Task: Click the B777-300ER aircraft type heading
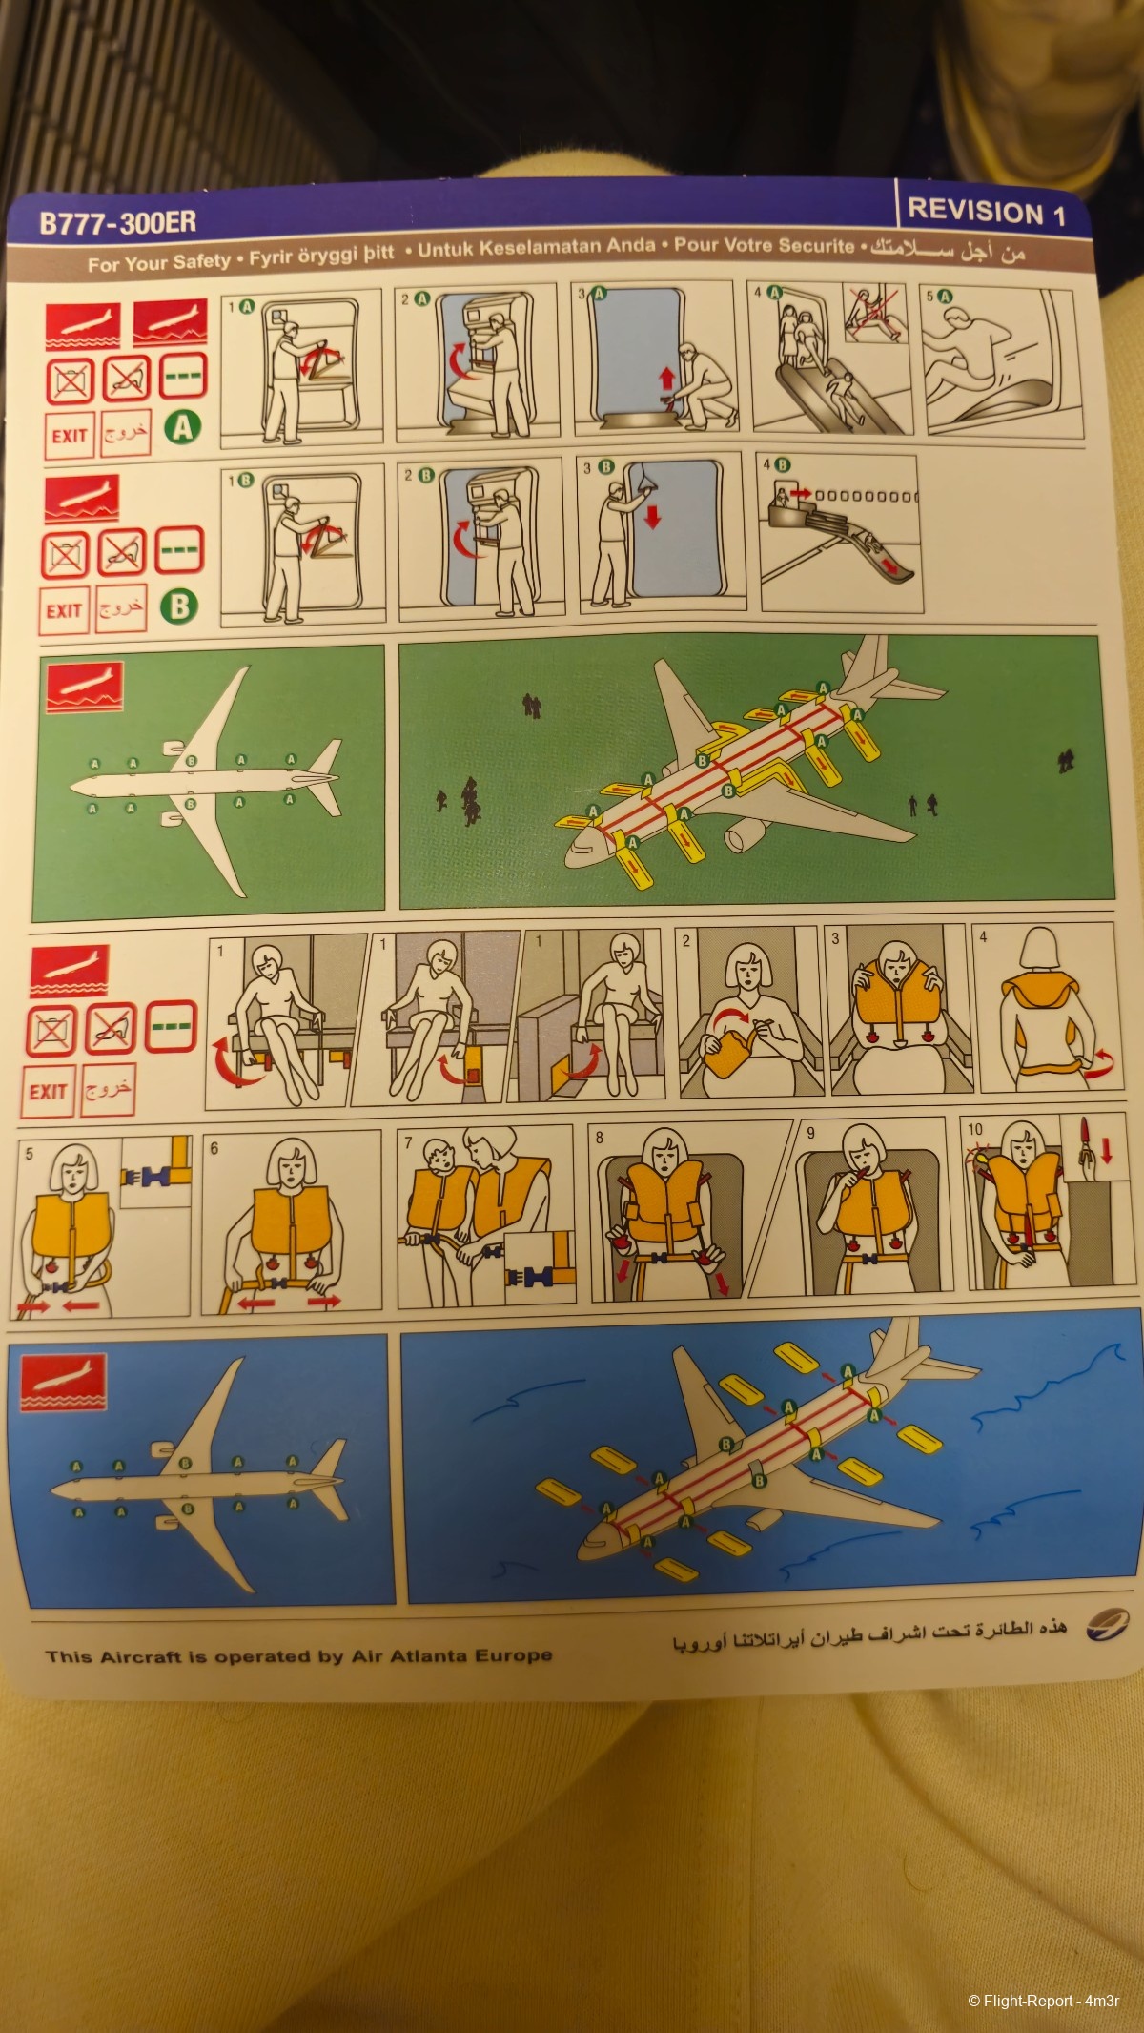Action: [118, 223]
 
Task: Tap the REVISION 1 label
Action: [986, 212]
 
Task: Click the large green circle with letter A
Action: [184, 427]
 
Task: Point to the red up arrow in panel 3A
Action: [666, 379]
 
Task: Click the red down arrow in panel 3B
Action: [653, 516]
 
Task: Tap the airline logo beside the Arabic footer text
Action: [1106, 1624]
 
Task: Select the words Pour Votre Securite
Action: [764, 245]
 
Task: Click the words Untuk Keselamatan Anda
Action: [537, 249]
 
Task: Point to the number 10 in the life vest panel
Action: [974, 1129]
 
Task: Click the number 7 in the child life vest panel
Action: [408, 1142]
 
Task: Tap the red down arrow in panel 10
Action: [1106, 1150]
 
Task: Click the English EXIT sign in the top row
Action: [70, 437]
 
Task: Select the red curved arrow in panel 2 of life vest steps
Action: [729, 1017]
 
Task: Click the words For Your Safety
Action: [159, 262]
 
